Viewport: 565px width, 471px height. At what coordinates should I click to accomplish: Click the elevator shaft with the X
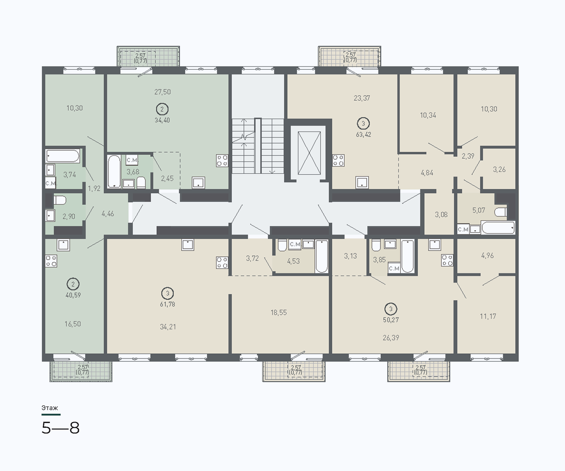click(x=309, y=154)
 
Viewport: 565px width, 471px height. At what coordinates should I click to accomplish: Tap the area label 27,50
click(x=162, y=92)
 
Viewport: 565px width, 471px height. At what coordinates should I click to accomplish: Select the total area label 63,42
click(x=363, y=134)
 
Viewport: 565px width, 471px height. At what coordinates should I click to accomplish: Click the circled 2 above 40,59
click(x=73, y=284)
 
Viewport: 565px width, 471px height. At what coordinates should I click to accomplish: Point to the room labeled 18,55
click(x=279, y=313)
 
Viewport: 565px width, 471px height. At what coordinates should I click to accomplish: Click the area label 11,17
click(x=488, y=316)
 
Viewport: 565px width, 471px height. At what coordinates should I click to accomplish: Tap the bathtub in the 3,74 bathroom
click(x=63, y=156)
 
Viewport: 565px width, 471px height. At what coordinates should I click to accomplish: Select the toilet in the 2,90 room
click(x=60, y=200)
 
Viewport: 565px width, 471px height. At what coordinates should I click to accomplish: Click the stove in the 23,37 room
click(x=339, y=160)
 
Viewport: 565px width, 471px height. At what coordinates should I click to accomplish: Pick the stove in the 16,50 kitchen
click(x=51, y=261)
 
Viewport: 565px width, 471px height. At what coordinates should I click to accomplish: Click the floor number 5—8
click(x=61, y=428)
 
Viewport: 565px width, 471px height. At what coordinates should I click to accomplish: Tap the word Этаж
click(x=50, y=408)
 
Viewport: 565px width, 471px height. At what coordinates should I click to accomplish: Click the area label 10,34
click(x=428, y=115)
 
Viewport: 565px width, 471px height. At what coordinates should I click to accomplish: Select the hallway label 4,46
click(x=108, y=214)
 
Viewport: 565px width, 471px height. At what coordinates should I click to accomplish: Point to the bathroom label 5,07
click(x=479, y=210)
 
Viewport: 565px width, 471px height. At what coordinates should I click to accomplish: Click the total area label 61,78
click(x=168, y=304)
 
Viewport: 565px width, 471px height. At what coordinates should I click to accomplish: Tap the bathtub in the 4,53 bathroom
click(x=322, y=256)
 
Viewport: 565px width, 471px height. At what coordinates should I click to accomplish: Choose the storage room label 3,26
click(x=499, y=170)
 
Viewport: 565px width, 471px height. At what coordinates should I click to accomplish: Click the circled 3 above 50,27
click(x=391, y=309)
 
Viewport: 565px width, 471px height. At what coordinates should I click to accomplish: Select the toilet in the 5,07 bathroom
click(x=500, y=212)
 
